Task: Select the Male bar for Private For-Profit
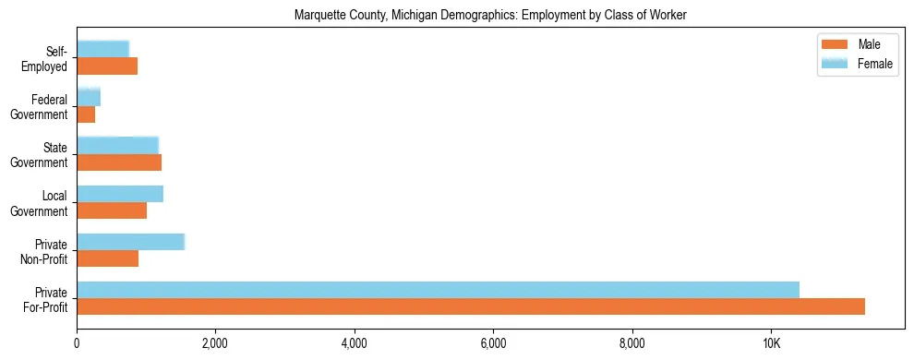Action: [471, 306]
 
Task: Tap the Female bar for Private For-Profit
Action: [438, 290]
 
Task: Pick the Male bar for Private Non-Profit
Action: [107, 258]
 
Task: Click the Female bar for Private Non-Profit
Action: [130, 242]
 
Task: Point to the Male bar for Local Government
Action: [112, 210]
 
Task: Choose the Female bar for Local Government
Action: [120, 194]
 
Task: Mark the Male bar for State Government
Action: [119, 162]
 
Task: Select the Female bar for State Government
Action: [117, 146]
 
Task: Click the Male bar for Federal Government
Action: [86, 114]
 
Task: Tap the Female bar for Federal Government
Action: [89, 98]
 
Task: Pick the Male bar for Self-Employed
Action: [107, 66]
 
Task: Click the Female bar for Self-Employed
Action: [102, 50]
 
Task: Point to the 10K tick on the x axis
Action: [771, 343]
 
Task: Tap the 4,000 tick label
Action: [355, 343]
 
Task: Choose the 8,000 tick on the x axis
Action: [632, 343]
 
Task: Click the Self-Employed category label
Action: [47, 58]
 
